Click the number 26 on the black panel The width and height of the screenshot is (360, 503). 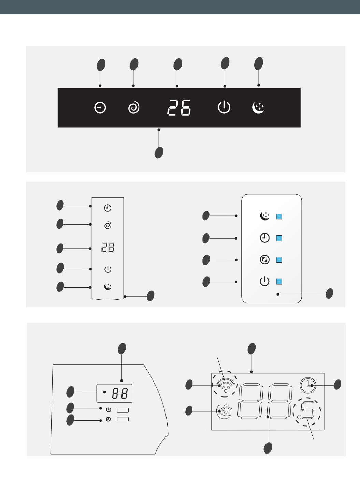tap(179, 107)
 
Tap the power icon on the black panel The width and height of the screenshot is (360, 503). tap(224, 107)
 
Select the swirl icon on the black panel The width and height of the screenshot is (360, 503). tap(134, 108)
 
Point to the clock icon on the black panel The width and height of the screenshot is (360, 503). tap(100, 108)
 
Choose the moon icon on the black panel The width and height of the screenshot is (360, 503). tap(258, 108)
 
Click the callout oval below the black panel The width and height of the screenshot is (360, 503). tap(159, 153)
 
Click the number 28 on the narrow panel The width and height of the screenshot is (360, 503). tap(108, 247)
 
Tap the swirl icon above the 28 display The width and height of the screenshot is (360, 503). tap(108, 225)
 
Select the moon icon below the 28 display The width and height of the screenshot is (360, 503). tap(108, 286)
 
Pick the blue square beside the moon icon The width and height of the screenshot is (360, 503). tap(279, 216)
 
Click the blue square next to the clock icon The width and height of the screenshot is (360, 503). tap(279, 238)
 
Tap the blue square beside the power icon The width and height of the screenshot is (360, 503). tap(279, 282)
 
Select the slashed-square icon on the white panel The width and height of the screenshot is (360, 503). tap(265, 260)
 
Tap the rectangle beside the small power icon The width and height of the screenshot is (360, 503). tap(123, 410)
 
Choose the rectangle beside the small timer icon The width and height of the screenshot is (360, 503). tap(123, 419)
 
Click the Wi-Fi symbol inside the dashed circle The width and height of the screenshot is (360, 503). tap(225, 385)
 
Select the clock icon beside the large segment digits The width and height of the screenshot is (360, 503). tap(308, 385)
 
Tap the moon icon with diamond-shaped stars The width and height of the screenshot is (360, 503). tap(224, 411)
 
